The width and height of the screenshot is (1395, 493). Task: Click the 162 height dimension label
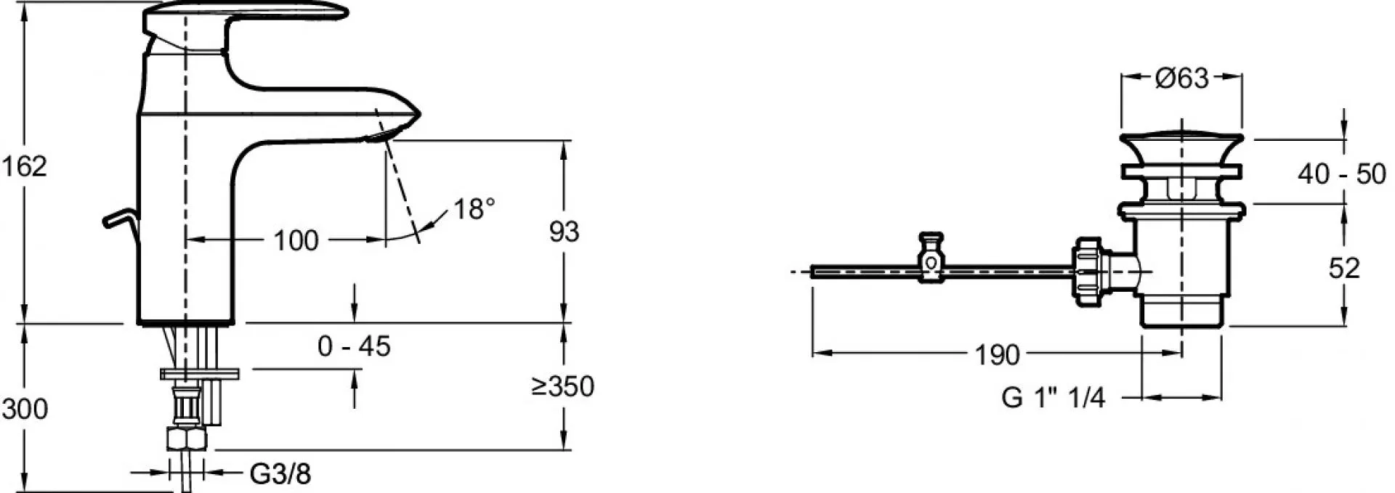[x=23, y=167]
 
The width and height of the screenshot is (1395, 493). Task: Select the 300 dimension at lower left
[x=25, y=410]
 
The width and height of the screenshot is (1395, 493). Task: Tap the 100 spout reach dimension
[x=296, y=240]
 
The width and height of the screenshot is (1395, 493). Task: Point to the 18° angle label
[x=474, y=210]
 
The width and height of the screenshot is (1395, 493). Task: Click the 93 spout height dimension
[x=564, y=232]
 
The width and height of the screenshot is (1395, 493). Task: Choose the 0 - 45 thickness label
[x=354, y=346]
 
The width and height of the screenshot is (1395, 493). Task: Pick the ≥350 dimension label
[x=562, y=386]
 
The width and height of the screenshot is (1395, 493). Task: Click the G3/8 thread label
[x=280, y=475]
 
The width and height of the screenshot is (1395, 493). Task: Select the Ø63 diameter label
[x=1181, y=78]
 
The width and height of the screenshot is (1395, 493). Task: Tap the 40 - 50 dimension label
[x=1342, y=174]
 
